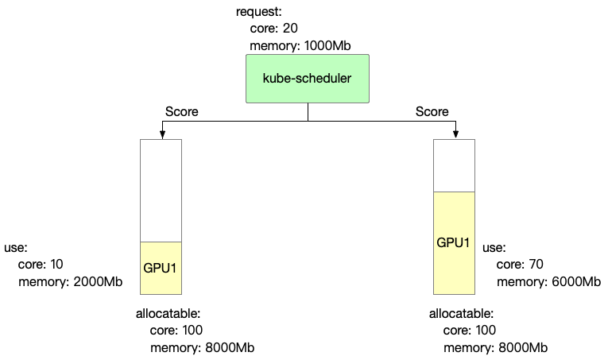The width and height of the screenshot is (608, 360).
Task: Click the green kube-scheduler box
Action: (308, 78)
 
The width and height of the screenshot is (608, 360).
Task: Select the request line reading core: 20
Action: (273, 29)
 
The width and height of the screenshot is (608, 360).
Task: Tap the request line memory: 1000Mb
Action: (300, 45)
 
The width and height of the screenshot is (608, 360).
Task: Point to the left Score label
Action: (181, 111)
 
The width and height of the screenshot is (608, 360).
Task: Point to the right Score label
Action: (432, 111)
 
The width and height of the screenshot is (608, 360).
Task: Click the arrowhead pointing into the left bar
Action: (161, 134)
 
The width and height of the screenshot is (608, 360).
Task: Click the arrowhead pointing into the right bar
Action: (455, 134)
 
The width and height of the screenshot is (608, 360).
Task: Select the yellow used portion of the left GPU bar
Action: (161, 268)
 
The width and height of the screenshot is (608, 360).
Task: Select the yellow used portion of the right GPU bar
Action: (454, 242)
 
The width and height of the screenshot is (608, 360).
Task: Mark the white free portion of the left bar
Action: (161, 191)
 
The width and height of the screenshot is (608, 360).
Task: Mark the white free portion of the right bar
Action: (454, 165)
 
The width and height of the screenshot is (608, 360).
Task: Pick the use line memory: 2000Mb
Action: (70, 281)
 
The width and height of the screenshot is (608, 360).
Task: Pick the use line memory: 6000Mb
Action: (549, 281)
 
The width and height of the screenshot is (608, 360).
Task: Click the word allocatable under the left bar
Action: (168, 314)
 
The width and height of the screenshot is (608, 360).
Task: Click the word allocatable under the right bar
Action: (462, 314)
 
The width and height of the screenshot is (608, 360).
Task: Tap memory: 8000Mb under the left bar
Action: (202, 348)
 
